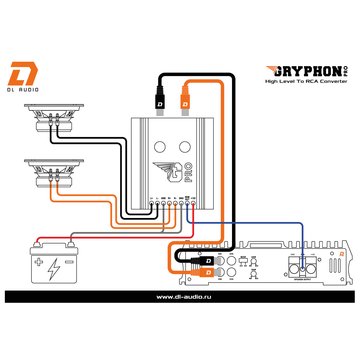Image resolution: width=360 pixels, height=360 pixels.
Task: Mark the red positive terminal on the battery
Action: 37,243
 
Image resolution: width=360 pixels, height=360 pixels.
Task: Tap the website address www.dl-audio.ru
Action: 180,296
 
